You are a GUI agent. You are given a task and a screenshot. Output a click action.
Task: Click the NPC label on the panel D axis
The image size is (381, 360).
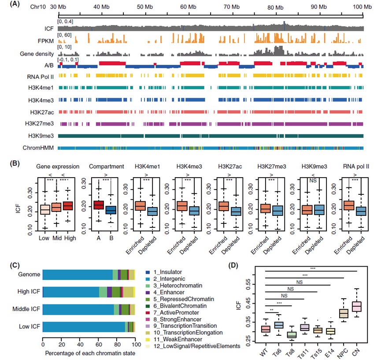[343, 342]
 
